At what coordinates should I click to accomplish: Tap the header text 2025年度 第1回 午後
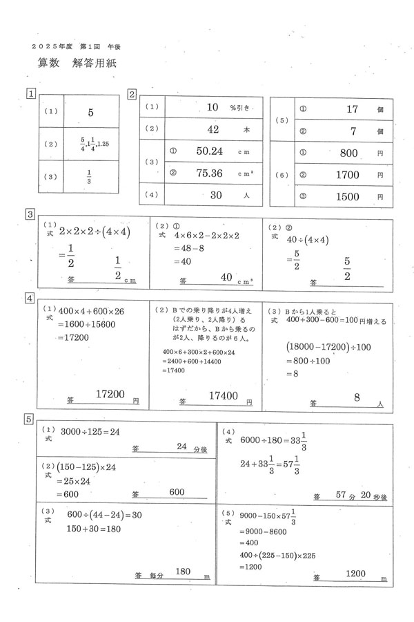tap(81, 46)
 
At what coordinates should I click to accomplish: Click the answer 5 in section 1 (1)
tap(90, 112)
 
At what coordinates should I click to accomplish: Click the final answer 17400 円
tap(224, 396)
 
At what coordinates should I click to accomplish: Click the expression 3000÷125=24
tap(90, 431)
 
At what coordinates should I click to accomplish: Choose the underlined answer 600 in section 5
tap(177, 491)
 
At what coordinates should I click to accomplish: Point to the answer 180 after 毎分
tap(183, 572)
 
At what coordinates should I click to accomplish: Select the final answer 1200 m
tap(355, 573)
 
